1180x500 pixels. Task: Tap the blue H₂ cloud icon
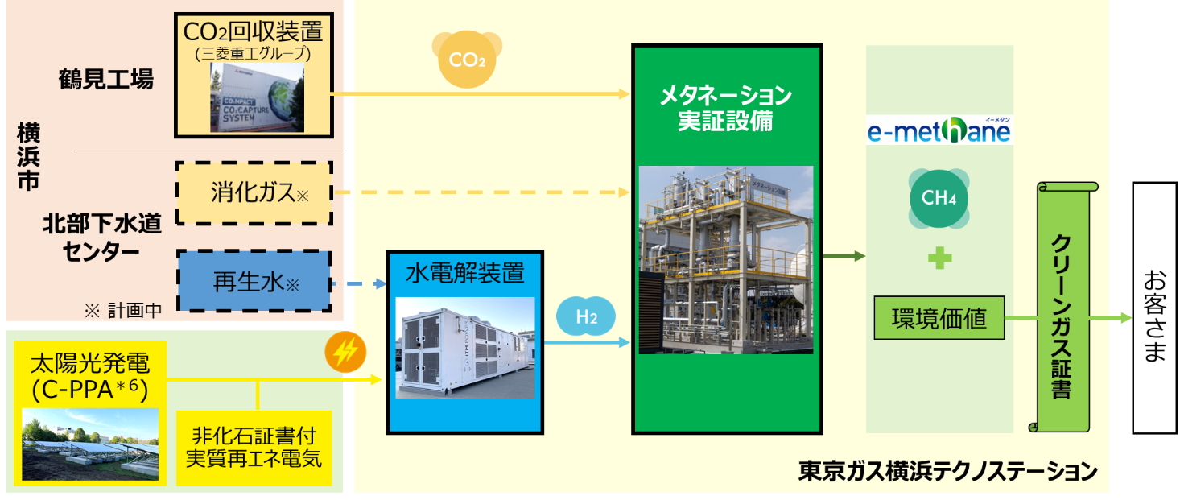coord(586,317)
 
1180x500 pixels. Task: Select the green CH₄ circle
coord(939,198)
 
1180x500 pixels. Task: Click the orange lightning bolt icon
coord(345,352)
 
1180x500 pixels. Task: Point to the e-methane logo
coord(939,130)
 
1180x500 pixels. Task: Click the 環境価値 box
coord(939,318)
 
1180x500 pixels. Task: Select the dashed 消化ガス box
coord(254,193)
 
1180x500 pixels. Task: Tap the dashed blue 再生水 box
coord(254,282)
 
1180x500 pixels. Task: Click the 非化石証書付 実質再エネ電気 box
coord(254,447)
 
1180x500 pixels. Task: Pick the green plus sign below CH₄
coord(939,259)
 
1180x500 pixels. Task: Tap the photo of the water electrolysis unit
coord(465,348)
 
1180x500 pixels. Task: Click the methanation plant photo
coord(725,259)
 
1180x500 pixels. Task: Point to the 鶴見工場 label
coord(105,79)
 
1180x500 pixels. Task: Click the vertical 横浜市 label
coord(28,157)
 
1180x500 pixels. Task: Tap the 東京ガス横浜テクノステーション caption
coord(947,471)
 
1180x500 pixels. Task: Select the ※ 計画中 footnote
coord(122,310)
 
